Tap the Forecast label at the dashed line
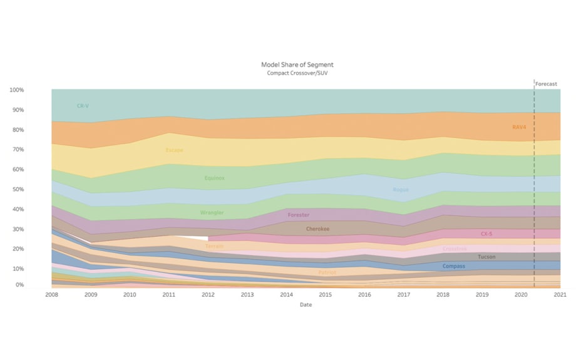[x=546, y=83]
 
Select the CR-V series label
[x=83, y=106]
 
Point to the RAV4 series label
[x=519, y=127]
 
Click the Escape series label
[x=174, y=150]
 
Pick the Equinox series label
[x=214, y=178]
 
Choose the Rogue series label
[x=400, y=189]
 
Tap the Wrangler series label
[x=212, y=213]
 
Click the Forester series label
[x=298, y=215]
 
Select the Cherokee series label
[x=318, y=229]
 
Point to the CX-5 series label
[x=486, y=234]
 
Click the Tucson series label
[x=486, y=257]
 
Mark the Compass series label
[x=453, y=266]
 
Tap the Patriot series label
[x=327, y=272]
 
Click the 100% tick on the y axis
[x=16, y=90]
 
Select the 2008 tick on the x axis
[x=51, y=294]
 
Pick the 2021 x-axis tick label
[x=560, y=294]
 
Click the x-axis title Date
[x=306, y=305]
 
